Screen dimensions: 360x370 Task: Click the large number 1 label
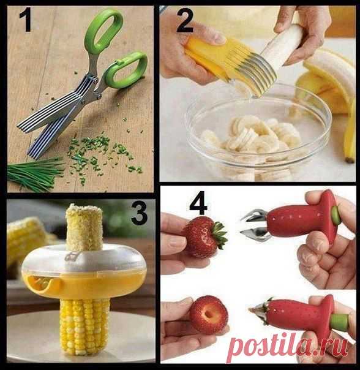(26, 20)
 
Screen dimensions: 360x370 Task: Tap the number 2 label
(185, 21)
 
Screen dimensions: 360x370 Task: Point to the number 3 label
(139, 213)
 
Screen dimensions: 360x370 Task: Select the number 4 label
(198, 203)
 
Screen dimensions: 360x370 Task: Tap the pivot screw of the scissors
(96, 81)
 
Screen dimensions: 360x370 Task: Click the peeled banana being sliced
(282, 45)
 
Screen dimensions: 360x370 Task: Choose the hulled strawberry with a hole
(209, 315)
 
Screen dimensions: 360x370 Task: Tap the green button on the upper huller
(336, 215)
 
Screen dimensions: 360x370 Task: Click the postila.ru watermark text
(288, 345)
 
